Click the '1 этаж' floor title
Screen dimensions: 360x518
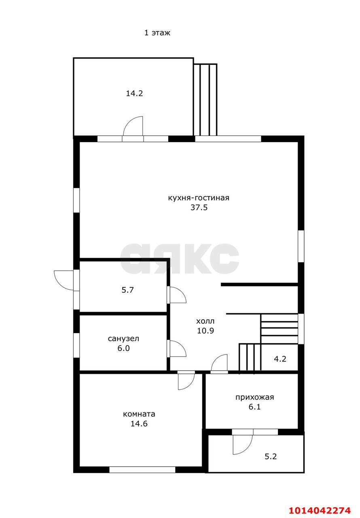tap(157, 33)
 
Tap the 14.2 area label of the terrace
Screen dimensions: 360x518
tap(134, 93)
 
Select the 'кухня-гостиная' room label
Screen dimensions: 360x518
tap(199, 198)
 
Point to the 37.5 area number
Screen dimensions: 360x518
tap(199, 208)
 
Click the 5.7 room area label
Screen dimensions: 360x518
tap(127, 290)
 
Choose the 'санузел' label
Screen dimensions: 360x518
tap(123, 339)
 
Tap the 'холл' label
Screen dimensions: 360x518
tap(205, 321)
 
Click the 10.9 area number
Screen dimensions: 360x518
tap(205, 331)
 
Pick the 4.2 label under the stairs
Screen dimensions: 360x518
tap(280, 359)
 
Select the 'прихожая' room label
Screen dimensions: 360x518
tap(255, 397)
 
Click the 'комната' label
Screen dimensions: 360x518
tap(139, 414)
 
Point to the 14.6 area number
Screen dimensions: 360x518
tap(139, 424)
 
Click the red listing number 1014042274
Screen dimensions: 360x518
tap(320, 510)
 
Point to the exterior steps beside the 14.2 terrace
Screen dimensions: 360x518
tap(205, 100)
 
